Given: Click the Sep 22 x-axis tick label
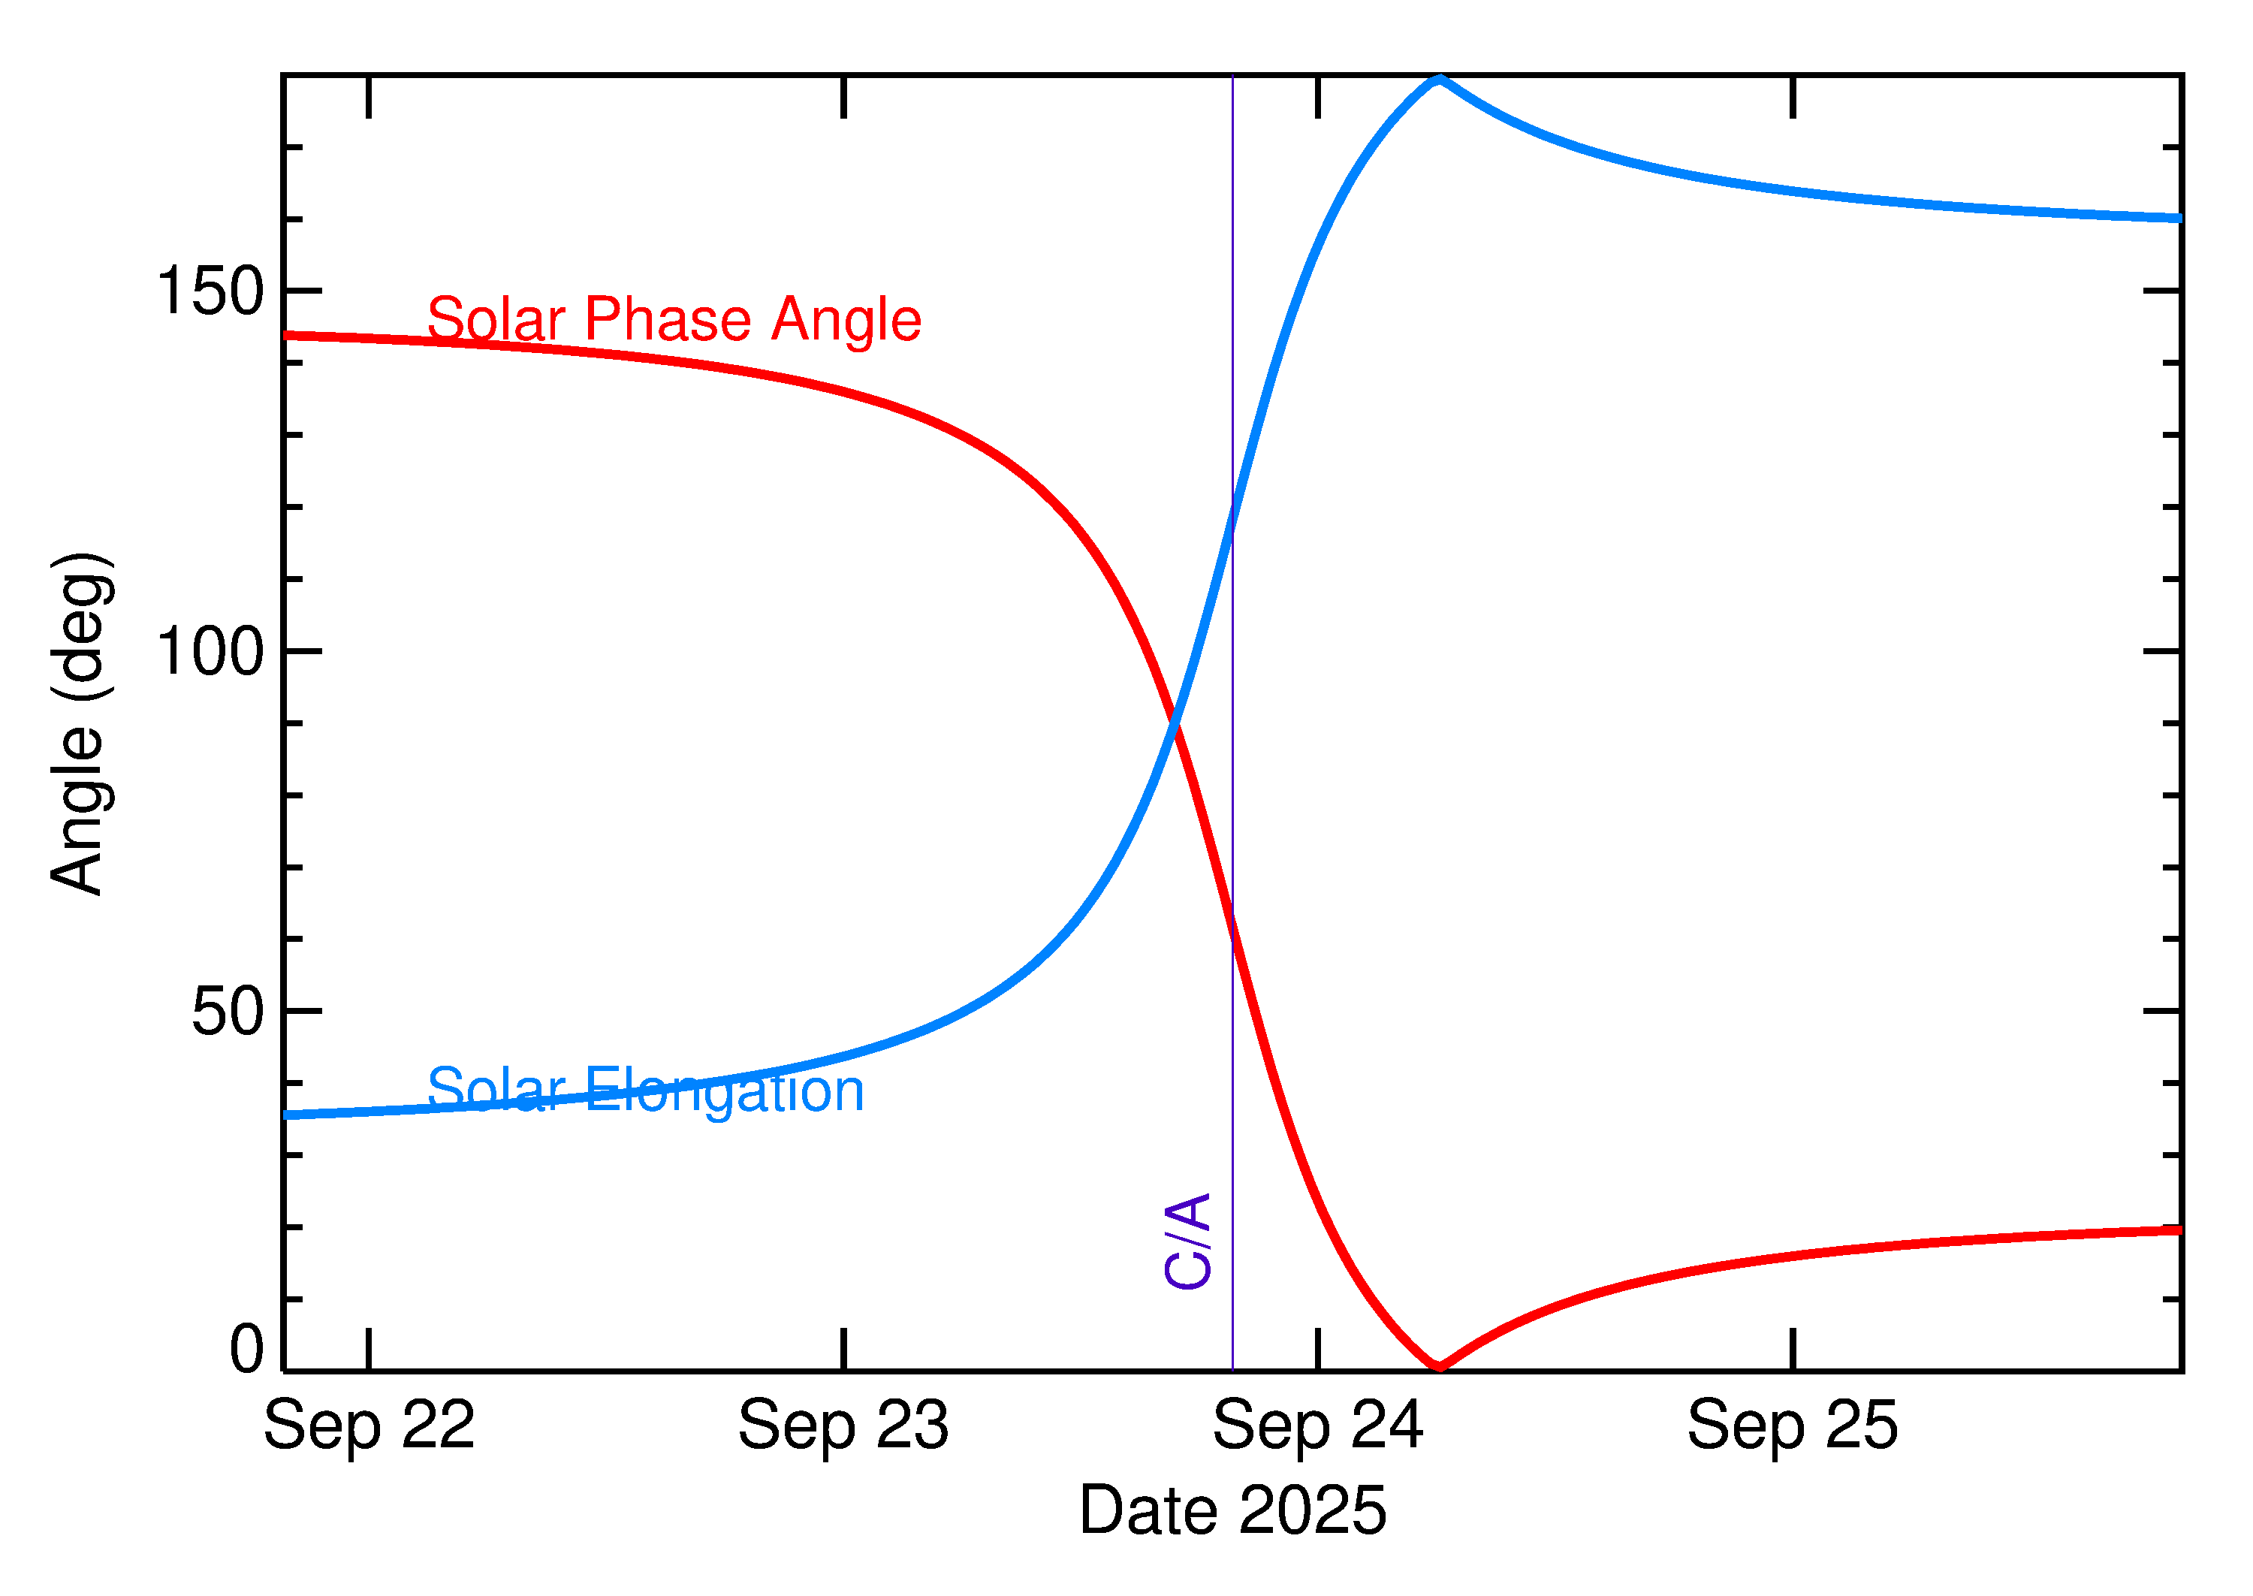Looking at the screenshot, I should (x=369, y=1426).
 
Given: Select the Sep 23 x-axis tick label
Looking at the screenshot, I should (x=843, y=1426).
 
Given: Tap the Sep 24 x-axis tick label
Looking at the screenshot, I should (x=1317, y=1426).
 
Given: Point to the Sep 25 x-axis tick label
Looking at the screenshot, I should (x=1792, y=1426).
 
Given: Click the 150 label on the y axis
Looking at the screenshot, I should (x=210, y=292).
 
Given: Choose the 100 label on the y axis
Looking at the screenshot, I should (x=210, y=652).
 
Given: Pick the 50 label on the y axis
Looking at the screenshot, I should (x=228, y=1011).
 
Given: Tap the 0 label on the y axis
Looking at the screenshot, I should (x=246, y=1350).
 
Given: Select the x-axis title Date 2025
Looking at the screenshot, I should (x=1232, y=1510).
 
